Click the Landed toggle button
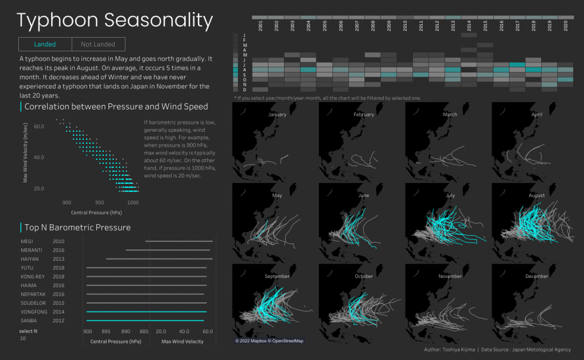point(45,45)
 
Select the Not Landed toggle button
point(98,45)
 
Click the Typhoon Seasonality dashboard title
point(115,21)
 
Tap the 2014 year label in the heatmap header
point(469,26)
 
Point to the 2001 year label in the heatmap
point(260,26)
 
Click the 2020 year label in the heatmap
point(566,26)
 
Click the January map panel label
point(277,115)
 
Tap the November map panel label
point(450,276)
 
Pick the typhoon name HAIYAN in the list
point(29,258)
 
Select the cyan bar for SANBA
point(145,321)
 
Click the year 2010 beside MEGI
point(58,241)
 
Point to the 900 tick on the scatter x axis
point(67,203)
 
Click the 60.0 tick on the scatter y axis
point(39,126)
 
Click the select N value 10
point(23,338)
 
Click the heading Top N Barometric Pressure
point(78,227)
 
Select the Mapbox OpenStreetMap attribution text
point(269,341)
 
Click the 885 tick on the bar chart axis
point(145,331)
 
